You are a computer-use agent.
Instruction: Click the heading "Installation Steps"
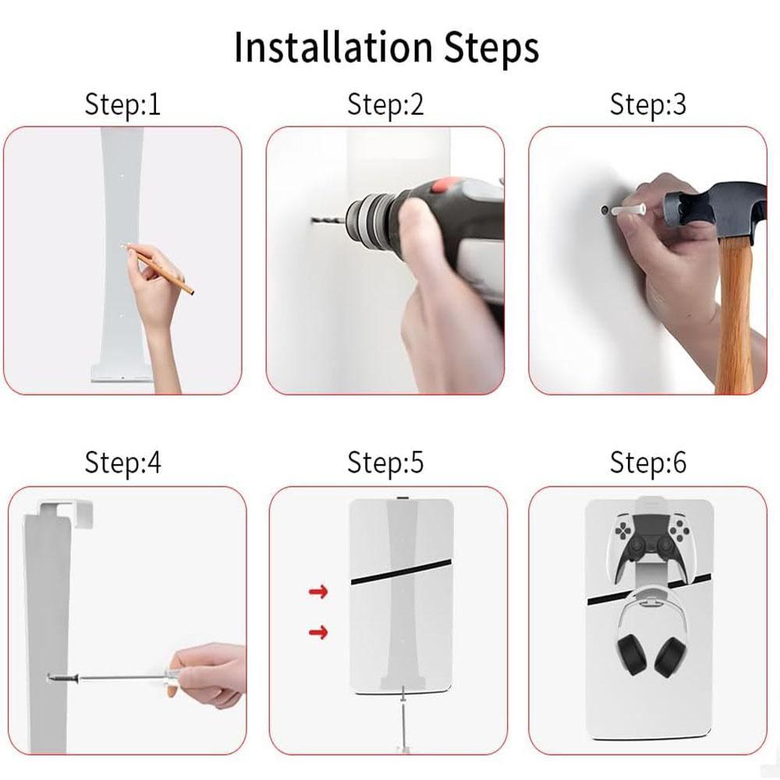[386, 48]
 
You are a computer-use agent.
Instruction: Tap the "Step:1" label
[122, 105]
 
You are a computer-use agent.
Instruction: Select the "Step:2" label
[385, 105]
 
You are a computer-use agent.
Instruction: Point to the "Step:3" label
[648, 105]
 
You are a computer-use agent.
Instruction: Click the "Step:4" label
[122, 463]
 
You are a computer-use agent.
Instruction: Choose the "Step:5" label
[385, 463]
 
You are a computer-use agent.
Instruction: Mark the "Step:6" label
[648, 463]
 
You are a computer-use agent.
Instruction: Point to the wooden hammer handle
[734, 312]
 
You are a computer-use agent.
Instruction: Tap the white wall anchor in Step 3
[628, 211]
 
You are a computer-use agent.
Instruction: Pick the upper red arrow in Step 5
[318, 593]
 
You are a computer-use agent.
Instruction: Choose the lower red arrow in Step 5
[318, 631]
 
